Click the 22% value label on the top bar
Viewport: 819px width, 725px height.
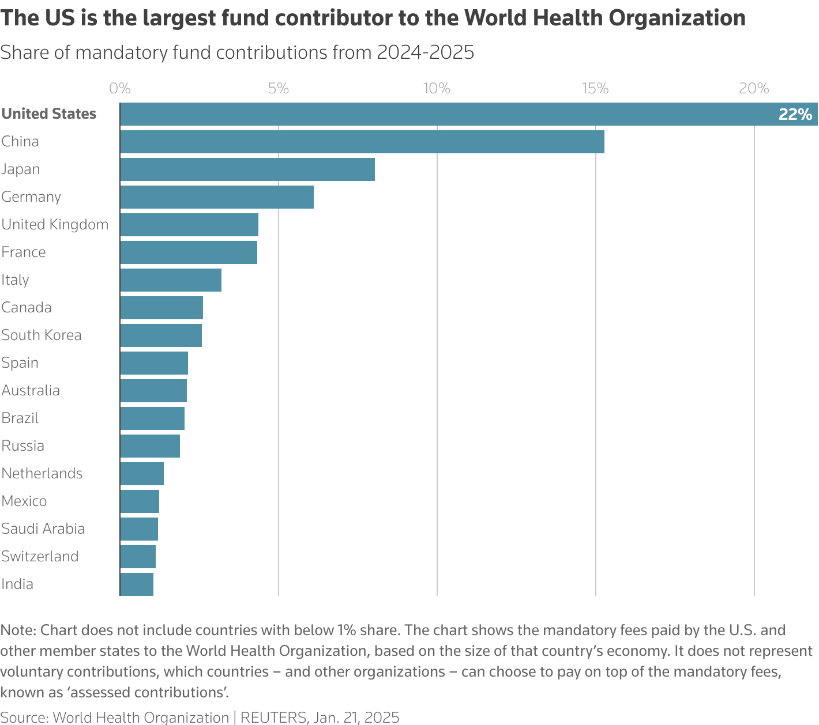[795, 114]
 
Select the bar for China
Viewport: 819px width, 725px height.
[362, 142]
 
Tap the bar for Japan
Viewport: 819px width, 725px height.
[247, 169]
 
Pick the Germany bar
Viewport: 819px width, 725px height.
[217, 197]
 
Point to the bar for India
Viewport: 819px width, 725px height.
[137, 584]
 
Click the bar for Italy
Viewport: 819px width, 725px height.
[171, 280]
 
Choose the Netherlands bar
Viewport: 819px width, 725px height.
[142, 474]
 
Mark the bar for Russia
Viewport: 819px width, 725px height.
[150, 446]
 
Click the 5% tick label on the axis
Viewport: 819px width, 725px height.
[278, 88]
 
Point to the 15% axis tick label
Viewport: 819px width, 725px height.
[595, 88]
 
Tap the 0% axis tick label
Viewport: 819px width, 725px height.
[120, 88]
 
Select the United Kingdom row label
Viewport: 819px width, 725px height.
[55, 224]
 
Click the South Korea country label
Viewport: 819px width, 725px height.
[42, 335]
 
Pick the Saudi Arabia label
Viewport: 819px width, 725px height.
[43, 528]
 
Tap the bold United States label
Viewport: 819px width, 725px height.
[49, 114]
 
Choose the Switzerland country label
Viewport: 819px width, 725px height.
[40, 556]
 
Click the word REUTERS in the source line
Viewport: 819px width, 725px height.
[273, 717]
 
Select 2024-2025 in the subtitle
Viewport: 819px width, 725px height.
[425, 52]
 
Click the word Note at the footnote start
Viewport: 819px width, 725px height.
[17, 630]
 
